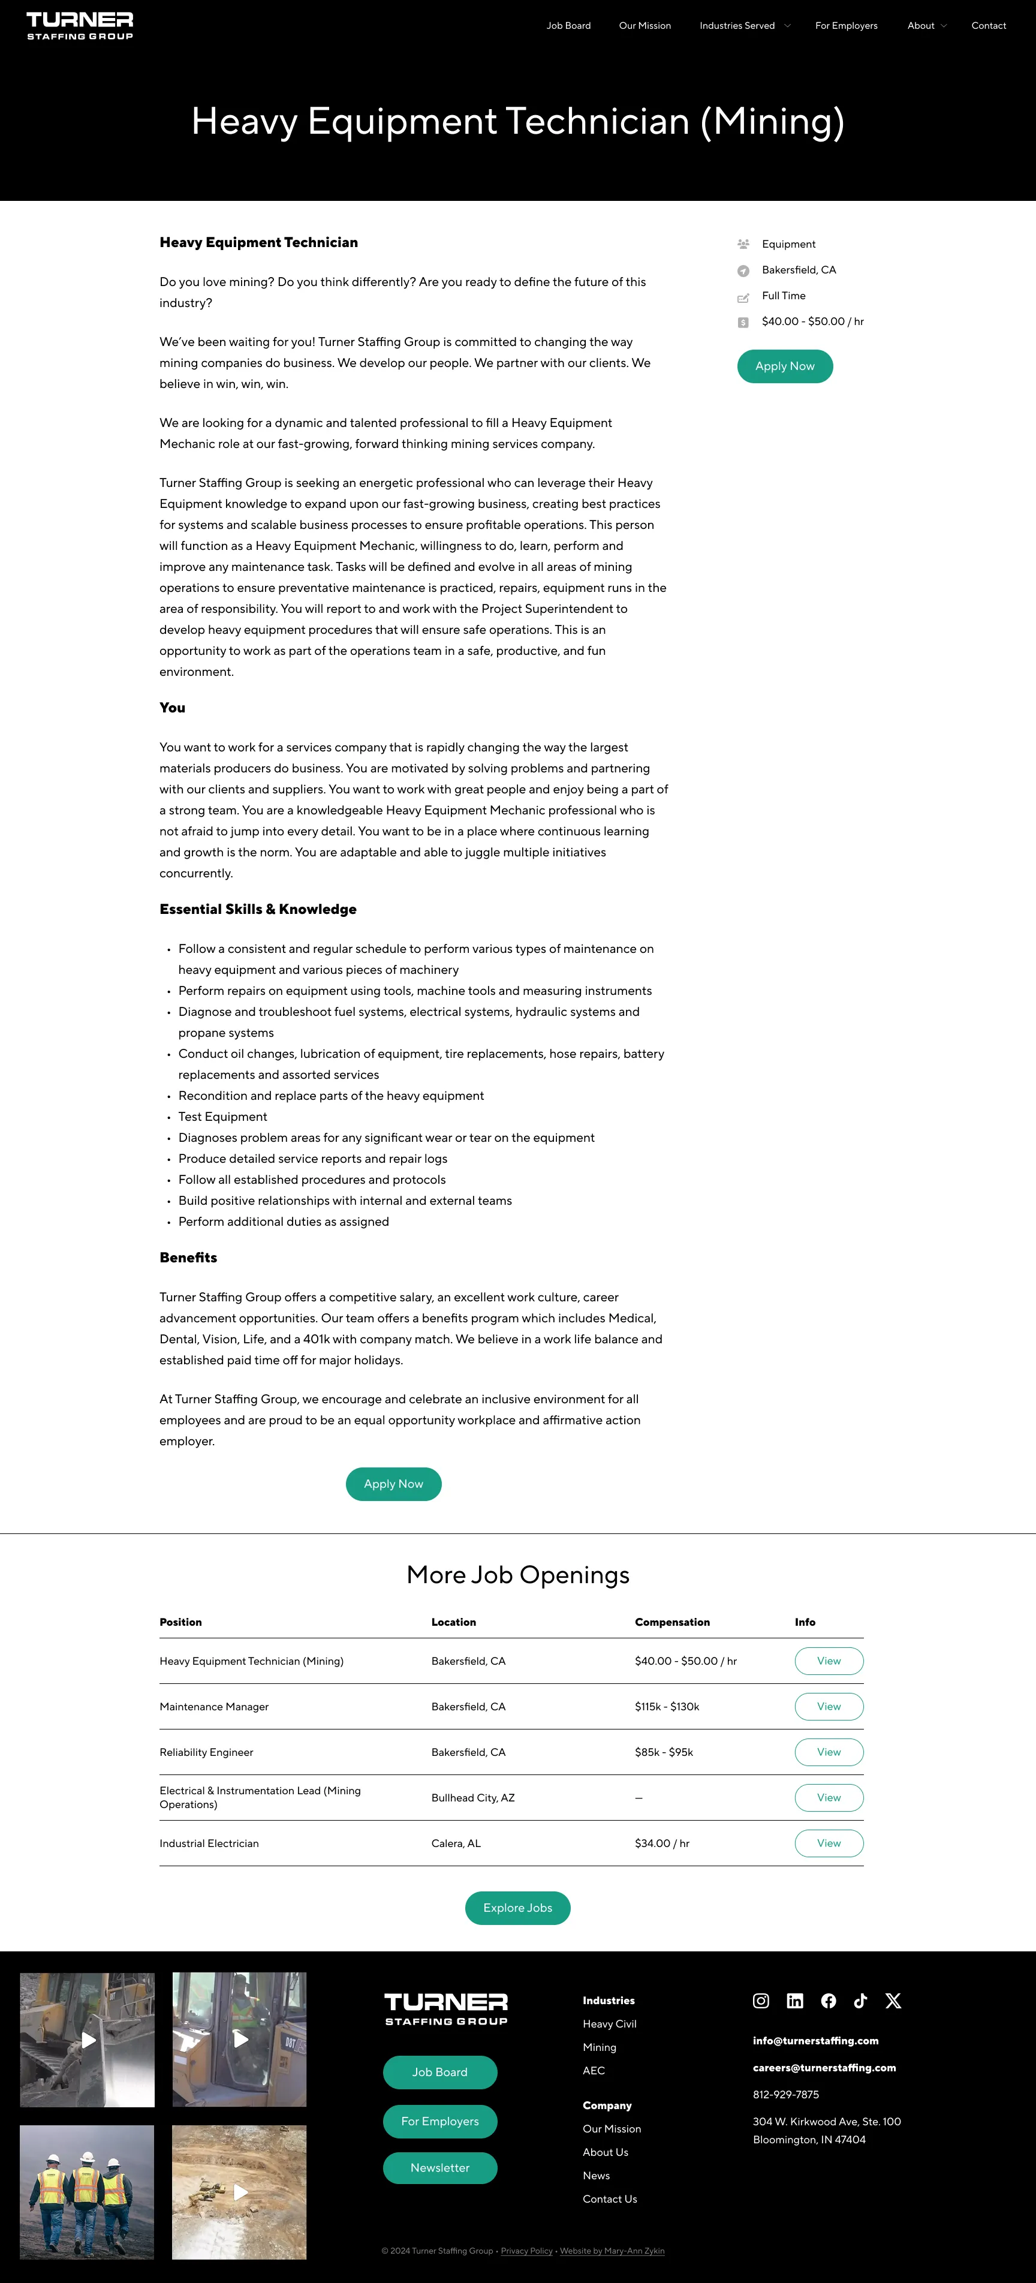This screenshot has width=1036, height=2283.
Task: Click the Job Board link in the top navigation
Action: click(x=568, y=26)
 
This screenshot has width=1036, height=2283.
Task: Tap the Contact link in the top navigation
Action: click(x=988, y=26)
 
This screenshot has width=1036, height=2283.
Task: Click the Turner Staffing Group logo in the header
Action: click(x=80, y=26)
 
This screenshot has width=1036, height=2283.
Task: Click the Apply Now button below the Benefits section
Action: click(x=393, y=1484)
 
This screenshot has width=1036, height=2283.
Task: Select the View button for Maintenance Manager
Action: click(x=829, y=1706)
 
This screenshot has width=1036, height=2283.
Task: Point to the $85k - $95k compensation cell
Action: click(x=664, y=1752)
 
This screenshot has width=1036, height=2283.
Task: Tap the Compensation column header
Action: click(x=671, y=1622)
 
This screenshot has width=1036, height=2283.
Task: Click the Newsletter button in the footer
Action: click(x=439, y=2168)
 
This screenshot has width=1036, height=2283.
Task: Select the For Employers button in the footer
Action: click(x=439, y=2121)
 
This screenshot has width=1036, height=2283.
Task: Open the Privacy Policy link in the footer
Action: click(x=526, y=2251)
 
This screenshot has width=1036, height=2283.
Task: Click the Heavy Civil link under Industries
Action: click(x=610, y=2024)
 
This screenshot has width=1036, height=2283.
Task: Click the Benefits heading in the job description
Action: click(x=188, y=1258)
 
